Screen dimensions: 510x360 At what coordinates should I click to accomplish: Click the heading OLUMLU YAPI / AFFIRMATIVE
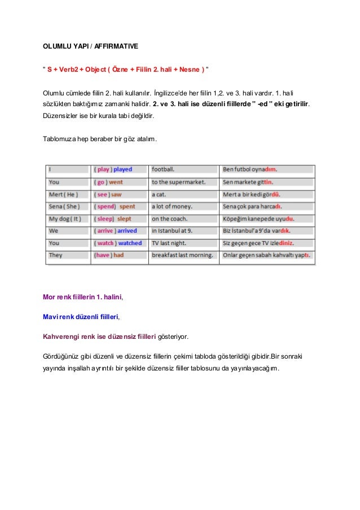[x=90, y=44]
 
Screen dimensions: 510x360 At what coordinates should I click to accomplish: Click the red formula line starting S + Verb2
[x=128, y=69]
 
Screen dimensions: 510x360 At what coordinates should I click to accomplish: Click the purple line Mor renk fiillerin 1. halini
[x=82, y=296]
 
